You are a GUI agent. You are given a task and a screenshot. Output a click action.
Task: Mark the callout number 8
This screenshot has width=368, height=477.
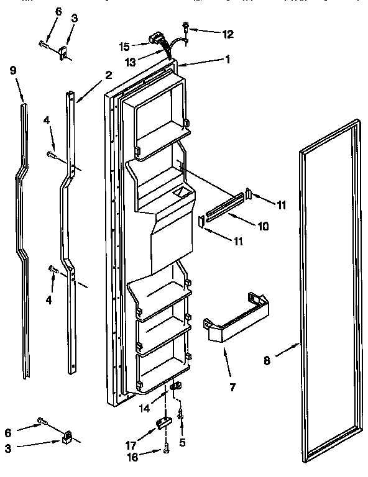click(267, 358)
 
